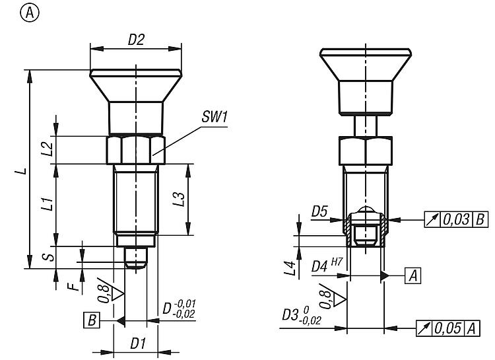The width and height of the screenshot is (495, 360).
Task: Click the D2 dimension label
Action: pos(136,40)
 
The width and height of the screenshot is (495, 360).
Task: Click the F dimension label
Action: pos(76,287)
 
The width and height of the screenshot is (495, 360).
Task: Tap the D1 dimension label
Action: pos(137,343)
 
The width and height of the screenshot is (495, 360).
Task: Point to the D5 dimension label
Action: pos(319,211)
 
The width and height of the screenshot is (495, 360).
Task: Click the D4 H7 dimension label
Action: pos(324,266)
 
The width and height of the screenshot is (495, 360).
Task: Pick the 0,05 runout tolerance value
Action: pos(448,327)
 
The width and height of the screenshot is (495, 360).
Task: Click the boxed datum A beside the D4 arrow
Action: pos(413,275)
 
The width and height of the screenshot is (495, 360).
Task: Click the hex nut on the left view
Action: pos(135,149)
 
